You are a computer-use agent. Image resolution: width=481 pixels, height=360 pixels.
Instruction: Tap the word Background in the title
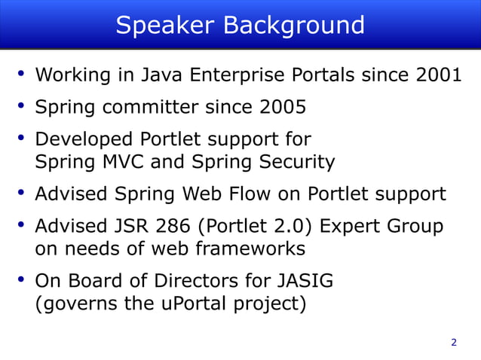293,26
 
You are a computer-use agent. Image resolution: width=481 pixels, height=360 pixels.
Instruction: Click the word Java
161,75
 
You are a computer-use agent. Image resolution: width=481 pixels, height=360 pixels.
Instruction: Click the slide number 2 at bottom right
453,343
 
